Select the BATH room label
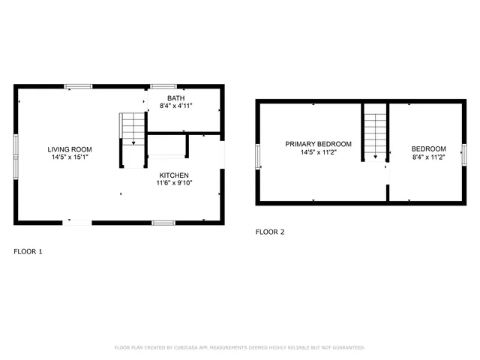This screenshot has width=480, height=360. coord(175,98)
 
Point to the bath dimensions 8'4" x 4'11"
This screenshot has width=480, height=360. coord(175,106)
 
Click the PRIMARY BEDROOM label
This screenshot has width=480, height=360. coord(318,143)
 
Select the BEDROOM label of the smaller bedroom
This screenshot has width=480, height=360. coord(429,148)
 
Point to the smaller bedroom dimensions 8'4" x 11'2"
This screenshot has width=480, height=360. coord(429,157)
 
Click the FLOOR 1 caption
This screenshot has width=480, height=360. coord(28,251)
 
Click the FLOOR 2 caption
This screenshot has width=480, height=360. coord(270,232)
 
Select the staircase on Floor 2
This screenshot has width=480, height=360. coord(375,131)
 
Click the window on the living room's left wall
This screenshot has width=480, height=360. coord(16,147)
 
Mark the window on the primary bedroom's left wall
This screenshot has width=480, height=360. coord(258,155)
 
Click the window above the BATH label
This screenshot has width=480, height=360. coord(163,86)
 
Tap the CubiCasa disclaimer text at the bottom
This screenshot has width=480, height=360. coord(239,347)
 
